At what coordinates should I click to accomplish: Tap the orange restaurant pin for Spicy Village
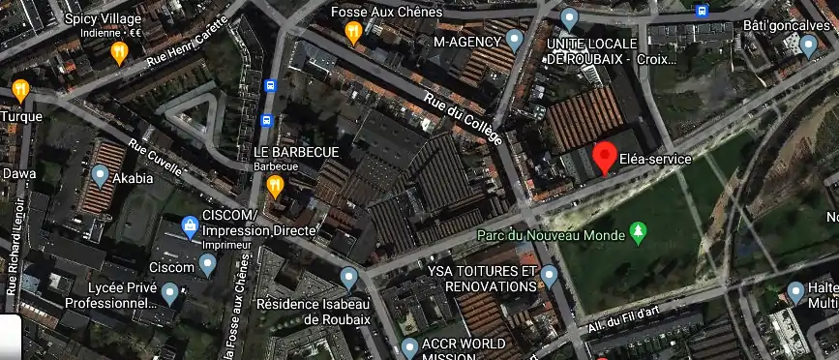[x=120, y=51]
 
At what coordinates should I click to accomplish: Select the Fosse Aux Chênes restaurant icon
[x=354, y=34]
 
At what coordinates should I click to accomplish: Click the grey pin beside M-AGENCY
[x=515, y=41]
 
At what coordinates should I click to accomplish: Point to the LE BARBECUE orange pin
[x=276, y=185]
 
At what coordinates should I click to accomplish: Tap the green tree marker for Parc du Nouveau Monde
[x=638, y=231]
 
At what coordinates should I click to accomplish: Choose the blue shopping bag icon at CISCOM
[x=191, y=228]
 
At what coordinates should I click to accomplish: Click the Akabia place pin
[x=101, y=176]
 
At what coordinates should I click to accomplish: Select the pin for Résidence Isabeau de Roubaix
[x=349, y=280]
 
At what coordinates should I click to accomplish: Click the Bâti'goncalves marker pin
[x=809, y=44]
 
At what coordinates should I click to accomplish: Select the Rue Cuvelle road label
[x=155, y=157]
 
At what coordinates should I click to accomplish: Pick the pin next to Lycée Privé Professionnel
[x=170, y=292]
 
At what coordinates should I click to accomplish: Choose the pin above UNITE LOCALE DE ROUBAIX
[x=570, y=17]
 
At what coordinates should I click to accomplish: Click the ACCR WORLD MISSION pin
[x=409, y=346]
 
